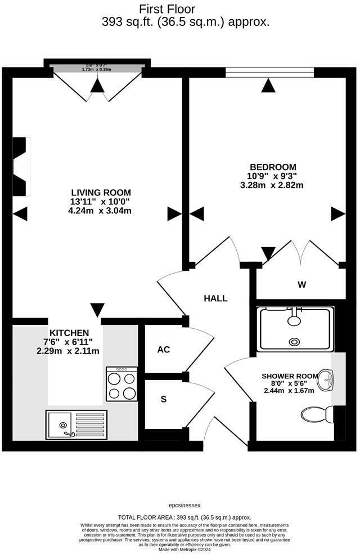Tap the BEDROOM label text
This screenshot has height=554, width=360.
click(273, 167)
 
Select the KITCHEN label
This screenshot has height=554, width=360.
click(69, 333)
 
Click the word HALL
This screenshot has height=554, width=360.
click(215, 298)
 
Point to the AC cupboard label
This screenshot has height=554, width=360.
click(163, 350)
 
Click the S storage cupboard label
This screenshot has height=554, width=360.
click(164, 399)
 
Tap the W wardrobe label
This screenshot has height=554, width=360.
click(302, 284)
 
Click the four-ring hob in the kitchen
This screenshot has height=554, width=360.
click(121, 384)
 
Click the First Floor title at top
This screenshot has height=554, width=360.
click(167, 9)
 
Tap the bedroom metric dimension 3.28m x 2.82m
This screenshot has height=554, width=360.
click(272, 185)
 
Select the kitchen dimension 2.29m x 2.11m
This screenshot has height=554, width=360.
click(69, 351)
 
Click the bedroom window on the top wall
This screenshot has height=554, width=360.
click(269, 72)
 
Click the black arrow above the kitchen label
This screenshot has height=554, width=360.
click(97, 310)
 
